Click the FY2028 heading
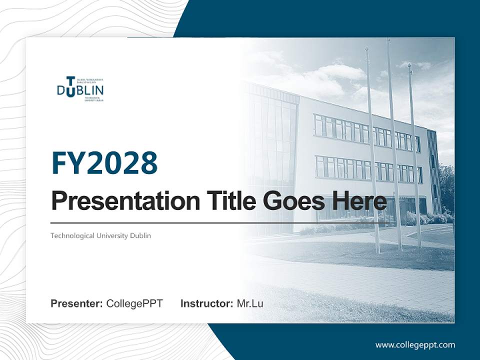104,163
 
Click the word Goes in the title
293,201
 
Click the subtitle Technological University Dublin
100,235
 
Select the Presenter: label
77,303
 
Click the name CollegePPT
134,303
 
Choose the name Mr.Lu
250,303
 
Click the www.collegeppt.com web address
415,344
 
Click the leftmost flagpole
372,150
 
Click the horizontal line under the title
215,223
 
